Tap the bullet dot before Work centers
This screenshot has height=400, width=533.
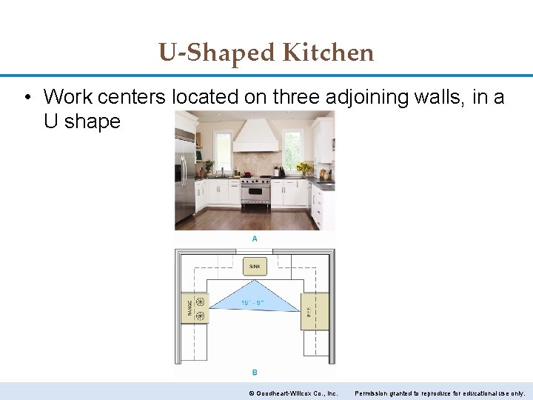click(27, 96)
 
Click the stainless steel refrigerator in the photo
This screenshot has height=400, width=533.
click(184, 178)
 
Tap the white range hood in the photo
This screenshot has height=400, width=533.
click(255, 138)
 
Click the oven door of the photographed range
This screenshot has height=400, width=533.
click(255, 196)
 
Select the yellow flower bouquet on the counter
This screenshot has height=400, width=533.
click(304, 167)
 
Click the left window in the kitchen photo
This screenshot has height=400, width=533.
click(222, 150)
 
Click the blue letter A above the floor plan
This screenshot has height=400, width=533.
click(255, 239)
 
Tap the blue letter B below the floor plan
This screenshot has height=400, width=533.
click(255, 372)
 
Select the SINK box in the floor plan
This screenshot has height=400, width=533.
click(255, 265)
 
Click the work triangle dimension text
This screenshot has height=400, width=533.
click(252, 302)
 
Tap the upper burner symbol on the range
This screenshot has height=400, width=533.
click(200, 301)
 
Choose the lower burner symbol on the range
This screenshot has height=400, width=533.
click(200, 316)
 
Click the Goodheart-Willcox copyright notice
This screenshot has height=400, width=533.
click(293, 393)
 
